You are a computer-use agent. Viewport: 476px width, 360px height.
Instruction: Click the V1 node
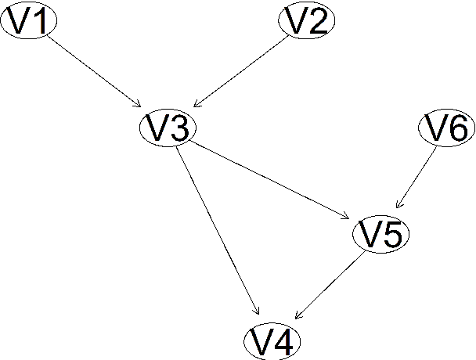pos(28,23)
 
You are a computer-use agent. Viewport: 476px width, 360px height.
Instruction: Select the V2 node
pos(307,23)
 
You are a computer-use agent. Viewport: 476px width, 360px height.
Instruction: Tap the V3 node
pos(168,128)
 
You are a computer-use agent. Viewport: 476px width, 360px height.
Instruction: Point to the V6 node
pos(447,128)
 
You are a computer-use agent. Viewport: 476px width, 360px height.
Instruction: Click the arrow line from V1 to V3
pos(95,74)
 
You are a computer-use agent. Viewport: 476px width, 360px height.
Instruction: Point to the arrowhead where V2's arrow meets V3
pos(197,105)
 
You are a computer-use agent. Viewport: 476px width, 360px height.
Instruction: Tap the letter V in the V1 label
pos(19,23)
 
